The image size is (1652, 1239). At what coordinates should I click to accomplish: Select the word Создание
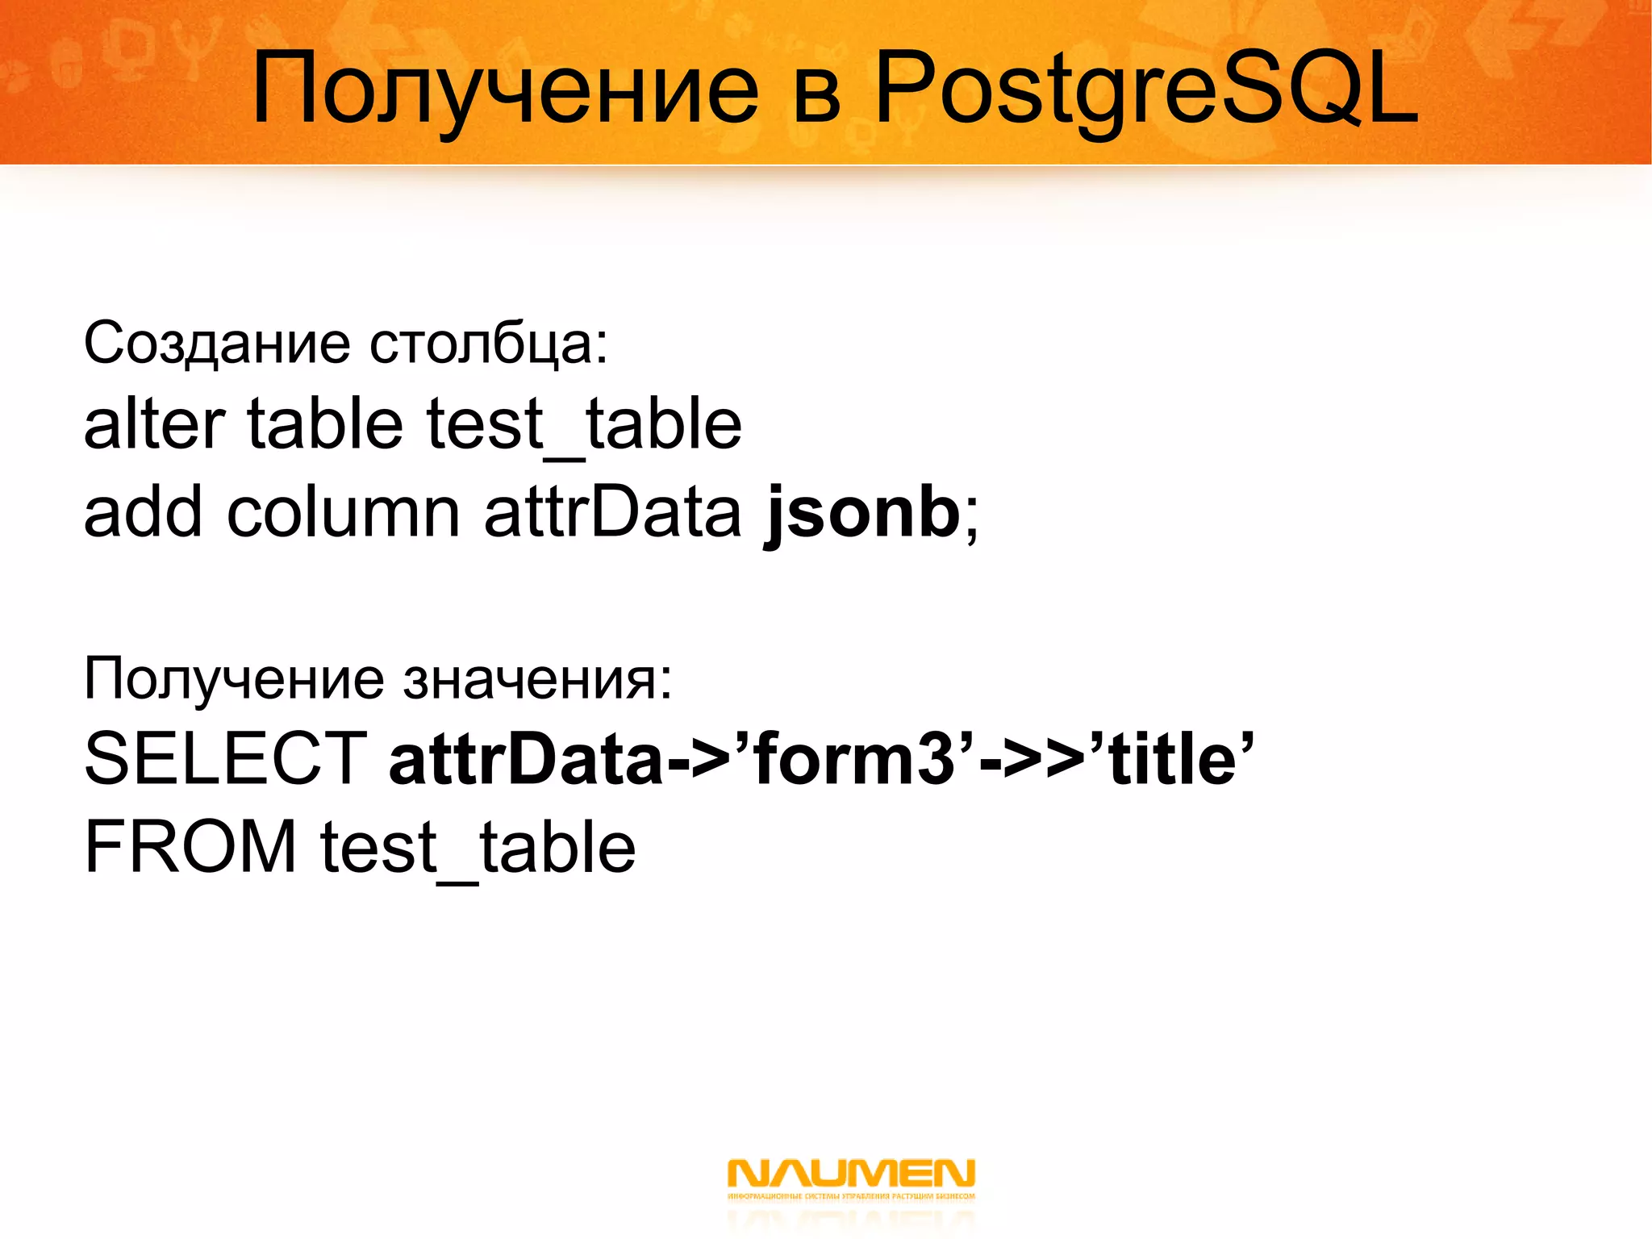[217, 344]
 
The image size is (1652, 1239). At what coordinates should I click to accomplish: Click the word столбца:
[488, 344]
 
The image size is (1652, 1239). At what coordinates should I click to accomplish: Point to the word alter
[154, 424]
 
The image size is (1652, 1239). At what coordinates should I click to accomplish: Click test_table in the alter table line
[583, 426]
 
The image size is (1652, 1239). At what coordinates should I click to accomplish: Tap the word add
[142, 512]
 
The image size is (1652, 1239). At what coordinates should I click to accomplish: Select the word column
[343, 512]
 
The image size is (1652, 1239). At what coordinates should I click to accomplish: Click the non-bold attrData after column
[612, 512]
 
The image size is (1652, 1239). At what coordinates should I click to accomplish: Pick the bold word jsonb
[861, 512]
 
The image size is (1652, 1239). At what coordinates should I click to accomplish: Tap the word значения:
[537, 679]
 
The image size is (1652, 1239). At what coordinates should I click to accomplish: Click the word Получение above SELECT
[234, 679]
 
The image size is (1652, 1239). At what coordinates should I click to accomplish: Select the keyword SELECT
[226, 758]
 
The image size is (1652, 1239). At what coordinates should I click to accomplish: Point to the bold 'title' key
[1174, 758]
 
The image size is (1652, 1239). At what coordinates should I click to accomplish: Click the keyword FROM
[190, 847]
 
